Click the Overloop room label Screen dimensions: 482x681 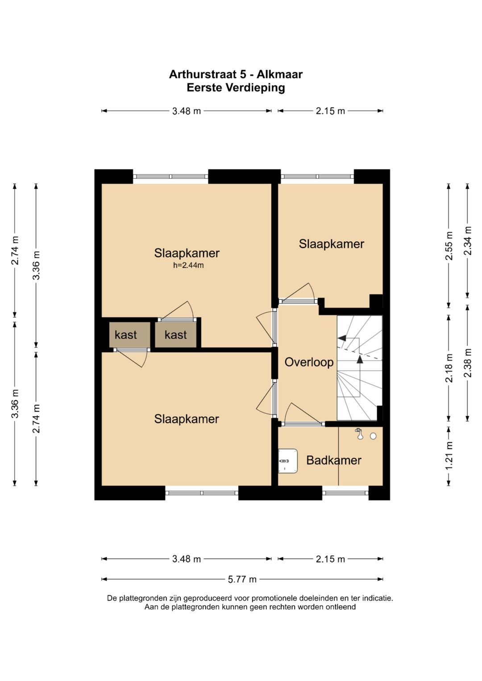(309, 363)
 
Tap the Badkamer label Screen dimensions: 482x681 (333, 460)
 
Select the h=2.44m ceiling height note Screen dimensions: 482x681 (188, 265)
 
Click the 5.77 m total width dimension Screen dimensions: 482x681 (242, 579)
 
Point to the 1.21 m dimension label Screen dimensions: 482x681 (449, 455)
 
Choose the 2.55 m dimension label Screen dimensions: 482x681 (449, 246)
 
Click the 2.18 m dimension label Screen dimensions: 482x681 (449, 367)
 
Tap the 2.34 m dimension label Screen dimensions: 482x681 (468, 241)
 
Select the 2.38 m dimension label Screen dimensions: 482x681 (468, 363)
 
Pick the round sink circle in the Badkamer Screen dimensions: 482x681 (373, 436)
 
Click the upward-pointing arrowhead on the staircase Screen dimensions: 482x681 (360, 359)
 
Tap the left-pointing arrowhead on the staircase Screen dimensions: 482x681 (342, 338)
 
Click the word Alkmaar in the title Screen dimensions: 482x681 (280, 74)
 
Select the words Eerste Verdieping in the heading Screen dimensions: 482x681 (236, 88)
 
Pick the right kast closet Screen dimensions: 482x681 (176, 335)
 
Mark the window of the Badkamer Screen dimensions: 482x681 (345, 493)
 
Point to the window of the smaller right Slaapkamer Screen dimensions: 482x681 (317, 176)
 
